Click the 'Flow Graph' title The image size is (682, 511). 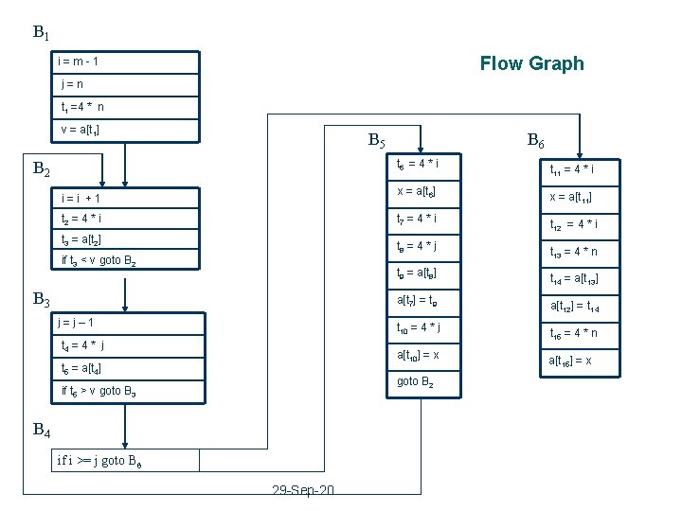(531, 63)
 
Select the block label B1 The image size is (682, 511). (41, 33)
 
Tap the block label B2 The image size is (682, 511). (41, 170)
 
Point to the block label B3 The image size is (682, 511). (41, 300)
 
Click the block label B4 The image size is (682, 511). (41, 431)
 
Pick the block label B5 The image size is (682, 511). (376, 142)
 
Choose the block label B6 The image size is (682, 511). (535, 142)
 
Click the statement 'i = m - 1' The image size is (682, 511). (80, 62)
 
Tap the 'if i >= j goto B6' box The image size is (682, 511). (100, 461)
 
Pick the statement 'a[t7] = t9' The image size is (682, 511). (418, 300)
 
